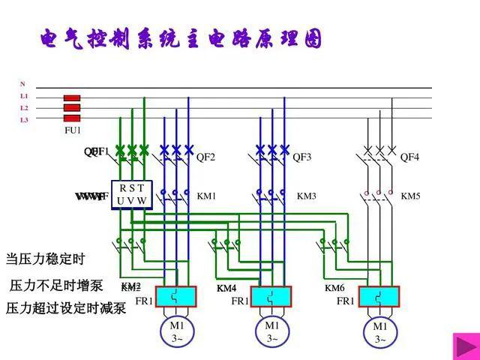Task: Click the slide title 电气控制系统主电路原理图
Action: coord(181,39)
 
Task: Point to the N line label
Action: coord(22,84)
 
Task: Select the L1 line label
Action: coord(24,96)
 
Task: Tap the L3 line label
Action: coord(24,119)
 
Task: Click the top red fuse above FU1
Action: coord(72,98)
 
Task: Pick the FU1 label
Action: coord(72,130)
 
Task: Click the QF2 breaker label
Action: coord(205,157)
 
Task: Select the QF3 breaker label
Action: coord(301,157)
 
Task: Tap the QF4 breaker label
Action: coord(409,157)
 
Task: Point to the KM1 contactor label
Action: coord(206,196)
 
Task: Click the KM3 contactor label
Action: coord(307,196)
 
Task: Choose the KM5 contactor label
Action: coord(410,196)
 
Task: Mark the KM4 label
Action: coord(226,289)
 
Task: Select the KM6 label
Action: coord(334,289)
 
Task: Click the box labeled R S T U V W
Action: coord(130,193)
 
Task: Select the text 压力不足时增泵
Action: coord(55,286)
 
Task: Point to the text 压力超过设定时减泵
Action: coord(66,308)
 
